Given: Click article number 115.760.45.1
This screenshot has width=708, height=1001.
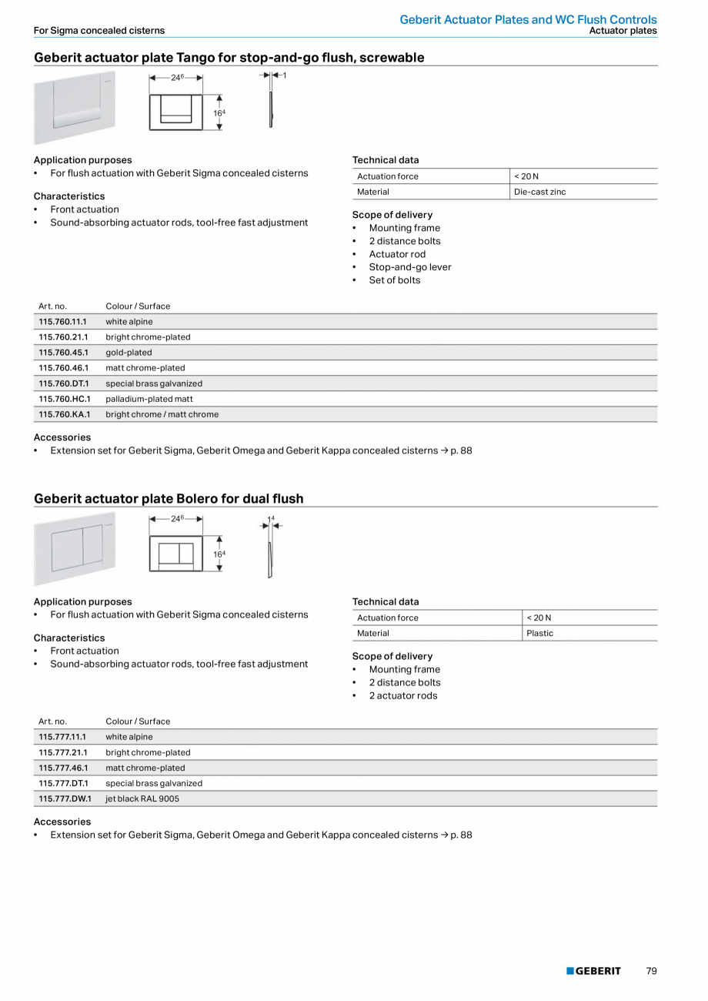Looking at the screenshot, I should tap(63, 353).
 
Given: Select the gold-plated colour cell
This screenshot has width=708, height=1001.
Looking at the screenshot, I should tap(129, 353).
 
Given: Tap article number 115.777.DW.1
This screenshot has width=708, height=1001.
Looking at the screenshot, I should tap(65, 798).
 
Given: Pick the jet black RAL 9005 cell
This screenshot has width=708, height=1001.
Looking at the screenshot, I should tap(142, 798).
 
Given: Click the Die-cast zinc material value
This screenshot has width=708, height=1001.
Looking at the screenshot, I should tap(539, 192).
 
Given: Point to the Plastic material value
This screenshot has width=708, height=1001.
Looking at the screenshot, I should tap(539, 633).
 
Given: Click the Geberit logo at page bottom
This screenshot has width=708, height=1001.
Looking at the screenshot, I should tap(593, 971).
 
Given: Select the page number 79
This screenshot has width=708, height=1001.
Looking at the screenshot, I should tap(651, 971).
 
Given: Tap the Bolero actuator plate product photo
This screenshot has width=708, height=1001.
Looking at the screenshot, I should tap(75, 547).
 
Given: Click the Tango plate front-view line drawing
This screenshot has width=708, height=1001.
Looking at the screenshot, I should tap(176, 112).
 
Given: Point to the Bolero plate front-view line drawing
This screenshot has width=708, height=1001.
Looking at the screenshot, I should tap(176, 554).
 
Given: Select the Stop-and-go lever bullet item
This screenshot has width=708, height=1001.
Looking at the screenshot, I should tap(409, 267).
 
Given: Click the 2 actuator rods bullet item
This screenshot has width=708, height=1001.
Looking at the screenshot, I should tap(402, 695).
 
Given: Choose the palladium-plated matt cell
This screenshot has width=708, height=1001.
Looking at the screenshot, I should tap(149, 399).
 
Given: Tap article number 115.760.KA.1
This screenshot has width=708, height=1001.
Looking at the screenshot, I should tap(65, 414).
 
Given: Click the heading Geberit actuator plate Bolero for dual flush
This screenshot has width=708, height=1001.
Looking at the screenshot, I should tap(169, 499).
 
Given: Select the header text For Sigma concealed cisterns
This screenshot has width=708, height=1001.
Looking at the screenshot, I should tap(99, 31).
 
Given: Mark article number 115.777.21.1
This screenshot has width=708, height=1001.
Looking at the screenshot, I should tap(63, 752).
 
